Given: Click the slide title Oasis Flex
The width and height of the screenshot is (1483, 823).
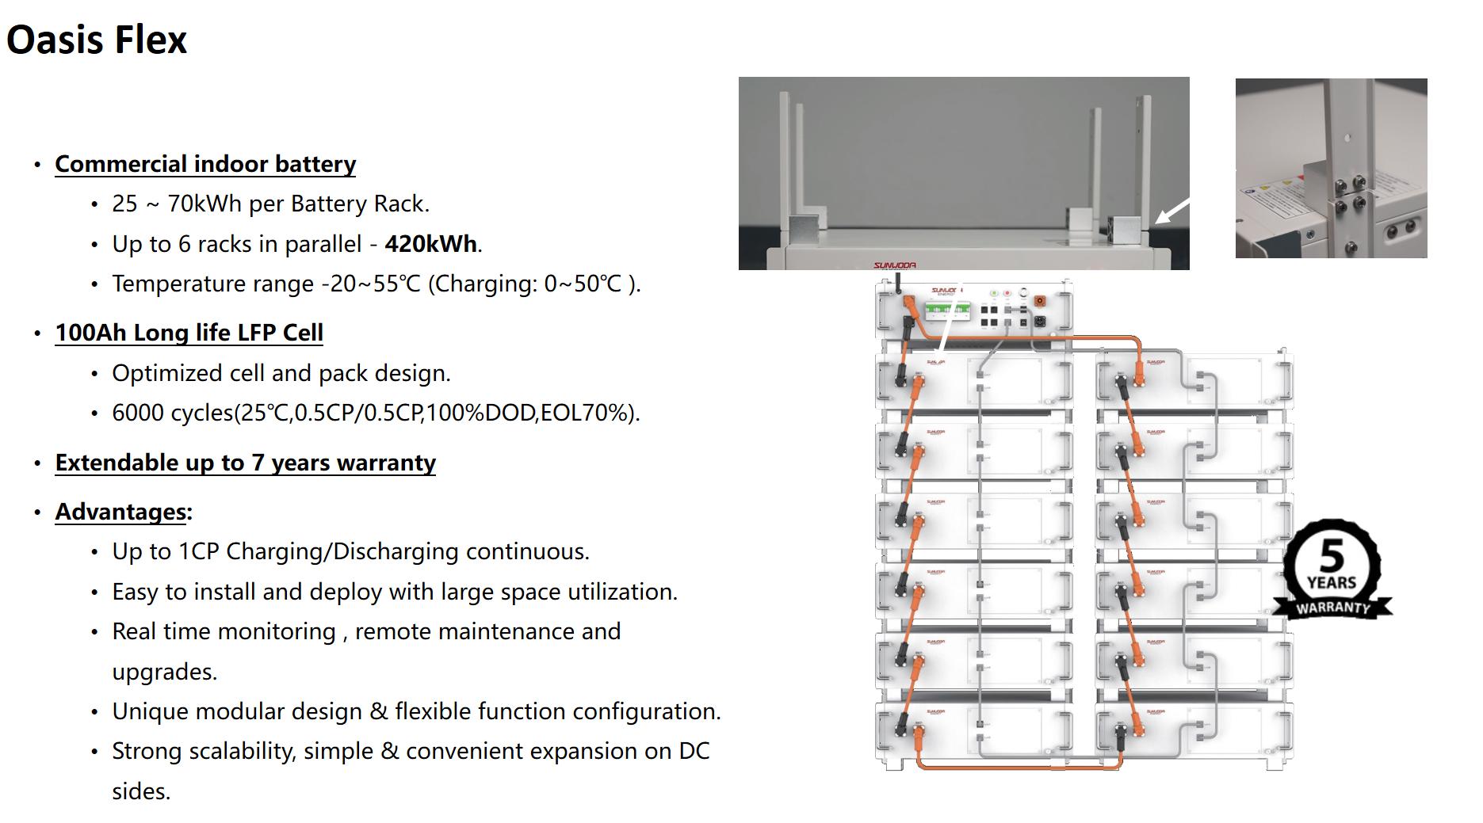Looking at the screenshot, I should coord(97,40).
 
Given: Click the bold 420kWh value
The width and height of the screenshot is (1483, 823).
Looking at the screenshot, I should coord(431,244).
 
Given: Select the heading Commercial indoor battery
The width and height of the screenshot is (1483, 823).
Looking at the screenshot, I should coord(205,164).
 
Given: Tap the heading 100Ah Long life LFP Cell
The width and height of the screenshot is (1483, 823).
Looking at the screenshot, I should coord(189,333).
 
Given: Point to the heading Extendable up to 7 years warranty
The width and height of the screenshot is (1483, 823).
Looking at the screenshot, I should coord(246,463).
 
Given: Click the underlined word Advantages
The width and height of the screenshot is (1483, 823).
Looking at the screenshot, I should coord(121,512).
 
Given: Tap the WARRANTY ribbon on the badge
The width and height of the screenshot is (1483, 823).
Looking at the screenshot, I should coord(1332,608).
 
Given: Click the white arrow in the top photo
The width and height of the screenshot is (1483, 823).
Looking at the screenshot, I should coord(1172,210).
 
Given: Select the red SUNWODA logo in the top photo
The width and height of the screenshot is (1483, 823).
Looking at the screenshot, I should coord(894,265).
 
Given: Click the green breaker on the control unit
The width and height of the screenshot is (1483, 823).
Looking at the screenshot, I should coord(948,310).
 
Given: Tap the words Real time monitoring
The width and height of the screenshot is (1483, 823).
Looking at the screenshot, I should coord(224,632).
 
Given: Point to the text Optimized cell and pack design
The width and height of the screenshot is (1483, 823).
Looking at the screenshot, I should coord(281,374).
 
